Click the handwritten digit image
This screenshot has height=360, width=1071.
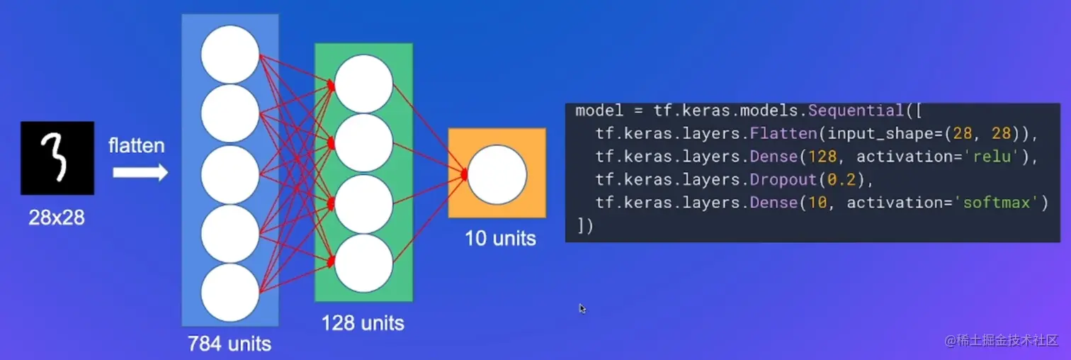pos(57,158)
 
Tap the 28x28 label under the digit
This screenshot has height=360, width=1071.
pos(57,218)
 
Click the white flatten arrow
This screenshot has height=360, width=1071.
pos(140,172)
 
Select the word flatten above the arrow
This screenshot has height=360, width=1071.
pos(137,146)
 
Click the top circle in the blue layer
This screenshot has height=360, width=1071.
pos(230,55)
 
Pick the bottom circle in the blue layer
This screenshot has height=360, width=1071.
pos(230,293)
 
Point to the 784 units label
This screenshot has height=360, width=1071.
pos(229,344)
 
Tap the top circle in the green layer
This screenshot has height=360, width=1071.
pos(364,84)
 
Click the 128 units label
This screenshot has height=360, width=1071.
pos(363,324)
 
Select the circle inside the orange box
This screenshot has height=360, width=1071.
pos(497,174)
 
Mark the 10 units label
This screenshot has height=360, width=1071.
pos(500,238)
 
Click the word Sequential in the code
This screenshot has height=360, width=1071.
pos(856,111)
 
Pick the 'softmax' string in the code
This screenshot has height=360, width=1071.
pos(1001,203)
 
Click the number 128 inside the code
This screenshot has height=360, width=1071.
pos(812,157)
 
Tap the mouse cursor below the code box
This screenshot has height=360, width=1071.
pos(582,308)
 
